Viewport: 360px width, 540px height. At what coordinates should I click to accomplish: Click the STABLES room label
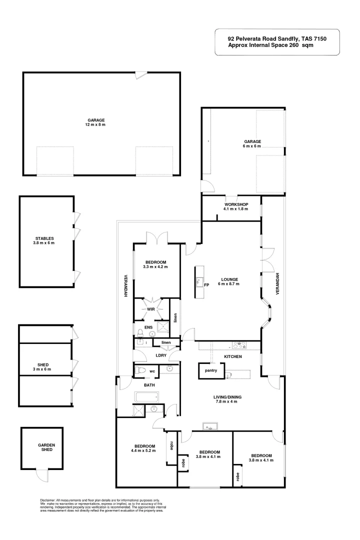[44, 240]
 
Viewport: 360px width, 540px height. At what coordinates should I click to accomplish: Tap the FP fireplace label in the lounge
[206, 285]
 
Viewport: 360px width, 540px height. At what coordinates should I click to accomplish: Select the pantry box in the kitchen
[210, 370]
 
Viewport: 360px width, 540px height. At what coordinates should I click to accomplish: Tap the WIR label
[150, 309]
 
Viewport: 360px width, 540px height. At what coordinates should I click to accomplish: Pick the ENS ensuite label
[148, 327]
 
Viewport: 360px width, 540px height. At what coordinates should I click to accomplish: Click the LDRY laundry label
[160, 355]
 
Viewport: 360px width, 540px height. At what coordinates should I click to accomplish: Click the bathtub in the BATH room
[146, 398]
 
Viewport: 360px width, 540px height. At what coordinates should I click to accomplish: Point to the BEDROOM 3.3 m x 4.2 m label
[155, 264]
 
